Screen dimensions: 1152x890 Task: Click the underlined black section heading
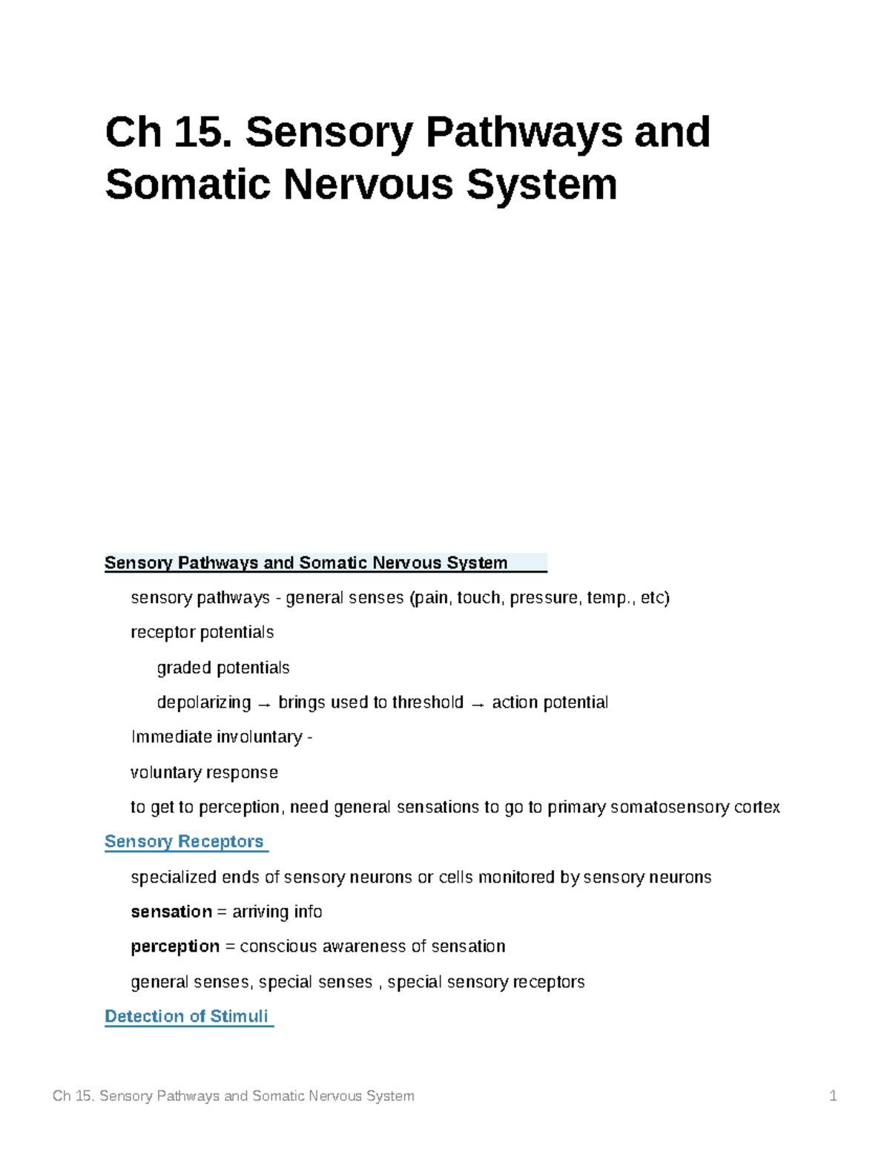[x=306, y=563]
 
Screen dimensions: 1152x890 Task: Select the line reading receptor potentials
[x=202, y=633]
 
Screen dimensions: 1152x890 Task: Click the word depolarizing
[x=204, y=702]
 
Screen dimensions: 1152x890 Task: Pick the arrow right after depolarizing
[x=264, y=704]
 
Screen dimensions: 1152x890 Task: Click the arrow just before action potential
[x=478, y=704]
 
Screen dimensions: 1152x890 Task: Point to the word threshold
[x=428, y=702]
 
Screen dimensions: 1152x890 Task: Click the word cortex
[x=756, y=807]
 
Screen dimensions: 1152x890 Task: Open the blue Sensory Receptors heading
[x=184, y=842]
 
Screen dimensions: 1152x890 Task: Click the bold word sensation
[x=171, y=912]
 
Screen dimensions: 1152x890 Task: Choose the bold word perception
[x=175, y=947]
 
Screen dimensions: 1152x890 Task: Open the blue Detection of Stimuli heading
[x=186, y=1016]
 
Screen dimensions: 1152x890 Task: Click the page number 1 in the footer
[x=833, y=1096]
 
